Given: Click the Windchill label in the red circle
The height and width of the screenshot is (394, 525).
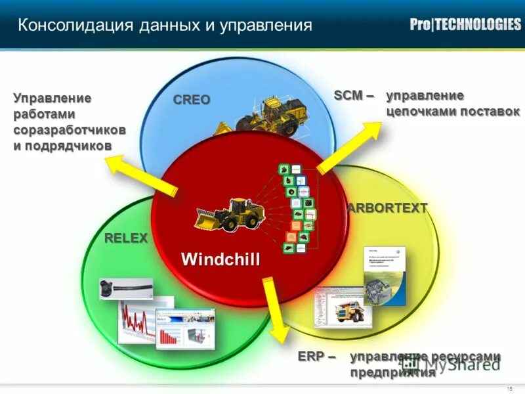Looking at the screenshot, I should [x=220, y=259].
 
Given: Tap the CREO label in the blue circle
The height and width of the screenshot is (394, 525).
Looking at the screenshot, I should [x=192, y=100].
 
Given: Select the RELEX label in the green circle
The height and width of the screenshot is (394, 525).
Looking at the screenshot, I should [x=126, y=238].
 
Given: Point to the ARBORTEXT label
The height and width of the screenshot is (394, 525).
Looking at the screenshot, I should [x=388, y=208].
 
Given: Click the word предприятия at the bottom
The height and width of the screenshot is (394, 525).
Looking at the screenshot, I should [x=392, y=373].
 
